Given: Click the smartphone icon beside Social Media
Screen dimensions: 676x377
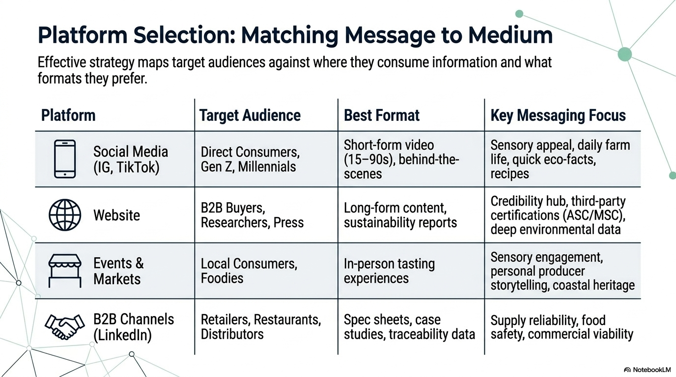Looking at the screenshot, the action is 65,159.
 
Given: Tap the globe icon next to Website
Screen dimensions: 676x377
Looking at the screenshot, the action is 65,215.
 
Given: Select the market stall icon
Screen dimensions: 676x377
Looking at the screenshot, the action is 65,270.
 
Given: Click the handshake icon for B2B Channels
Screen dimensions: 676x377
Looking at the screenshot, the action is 64,327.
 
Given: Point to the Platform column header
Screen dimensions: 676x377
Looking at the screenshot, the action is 68,115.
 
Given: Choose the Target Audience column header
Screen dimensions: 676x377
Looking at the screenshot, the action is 250,115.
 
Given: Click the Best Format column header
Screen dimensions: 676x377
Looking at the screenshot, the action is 381,115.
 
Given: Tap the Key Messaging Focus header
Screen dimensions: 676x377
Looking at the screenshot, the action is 558,115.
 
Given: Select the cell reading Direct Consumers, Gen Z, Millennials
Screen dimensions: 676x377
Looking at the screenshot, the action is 250,159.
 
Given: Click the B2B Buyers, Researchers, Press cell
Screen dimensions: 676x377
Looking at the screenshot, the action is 252,215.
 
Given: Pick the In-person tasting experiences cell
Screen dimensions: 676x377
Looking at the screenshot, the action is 389,271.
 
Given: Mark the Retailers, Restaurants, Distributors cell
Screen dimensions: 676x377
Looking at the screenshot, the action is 261,326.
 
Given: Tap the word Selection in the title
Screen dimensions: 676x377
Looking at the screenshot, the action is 184,35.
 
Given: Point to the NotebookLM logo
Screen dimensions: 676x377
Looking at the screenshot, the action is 647,370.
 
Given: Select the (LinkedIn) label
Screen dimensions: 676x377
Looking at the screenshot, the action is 122,335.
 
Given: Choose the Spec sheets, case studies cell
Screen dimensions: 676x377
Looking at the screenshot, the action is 409,326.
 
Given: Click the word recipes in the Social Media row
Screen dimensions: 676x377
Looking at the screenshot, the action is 510,173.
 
